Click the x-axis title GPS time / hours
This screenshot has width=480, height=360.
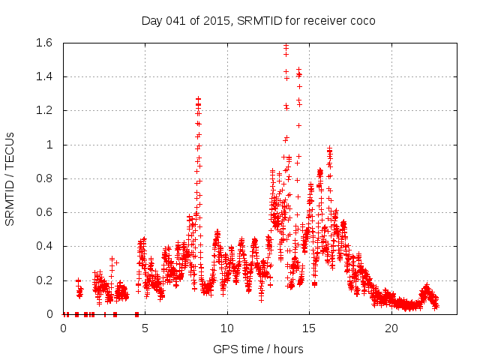258,349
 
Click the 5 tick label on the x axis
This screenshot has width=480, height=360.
145,328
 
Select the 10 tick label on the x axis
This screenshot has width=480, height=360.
227,328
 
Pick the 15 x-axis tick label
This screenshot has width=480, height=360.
310,328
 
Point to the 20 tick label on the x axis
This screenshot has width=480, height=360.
391,328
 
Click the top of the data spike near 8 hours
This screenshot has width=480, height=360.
198,98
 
